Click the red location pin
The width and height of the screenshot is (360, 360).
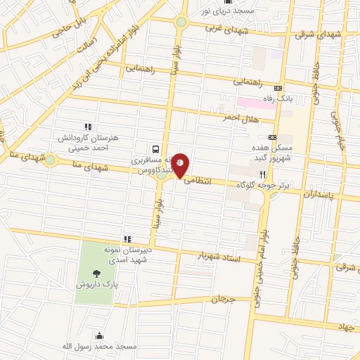[181, 165]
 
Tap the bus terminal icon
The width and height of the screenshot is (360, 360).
[154, 149]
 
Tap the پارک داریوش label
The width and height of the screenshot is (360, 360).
[96, 286]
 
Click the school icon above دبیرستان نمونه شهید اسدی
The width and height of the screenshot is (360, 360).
[127, 239]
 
